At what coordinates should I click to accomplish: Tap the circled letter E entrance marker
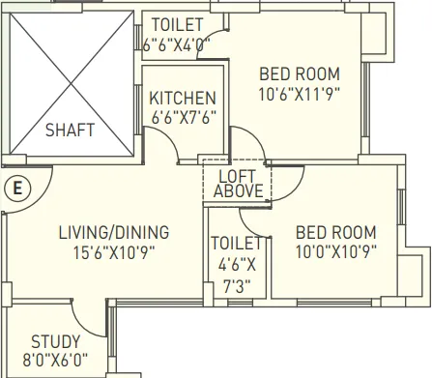[15, 189]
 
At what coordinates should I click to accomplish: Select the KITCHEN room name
[181, 99]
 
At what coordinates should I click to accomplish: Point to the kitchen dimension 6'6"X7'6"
[181, 117]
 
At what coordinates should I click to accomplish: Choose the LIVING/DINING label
[113, 232]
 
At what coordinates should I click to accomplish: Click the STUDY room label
[55, 342]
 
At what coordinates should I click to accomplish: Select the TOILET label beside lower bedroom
[236, 243]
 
